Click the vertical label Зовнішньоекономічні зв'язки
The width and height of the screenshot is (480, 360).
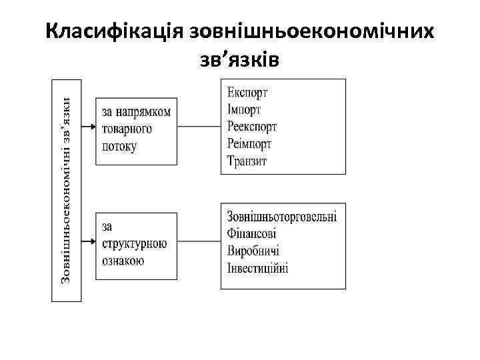coord(67,190)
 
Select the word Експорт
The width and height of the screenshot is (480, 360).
coord(247,93)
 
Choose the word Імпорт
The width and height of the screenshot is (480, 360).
coord(244,109)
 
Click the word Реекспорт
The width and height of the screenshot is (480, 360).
coord(252,127)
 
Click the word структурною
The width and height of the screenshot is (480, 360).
coord(135,244)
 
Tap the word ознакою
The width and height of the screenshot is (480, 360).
coord(123,261)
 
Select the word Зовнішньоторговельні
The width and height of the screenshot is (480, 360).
coord(282,217)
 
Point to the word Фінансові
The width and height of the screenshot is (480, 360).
coord(251,234)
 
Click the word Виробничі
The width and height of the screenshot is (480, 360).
coord(253,251)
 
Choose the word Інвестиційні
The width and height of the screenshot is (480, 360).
coord(257,268)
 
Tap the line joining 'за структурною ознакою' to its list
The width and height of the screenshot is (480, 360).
coord(199,243)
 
